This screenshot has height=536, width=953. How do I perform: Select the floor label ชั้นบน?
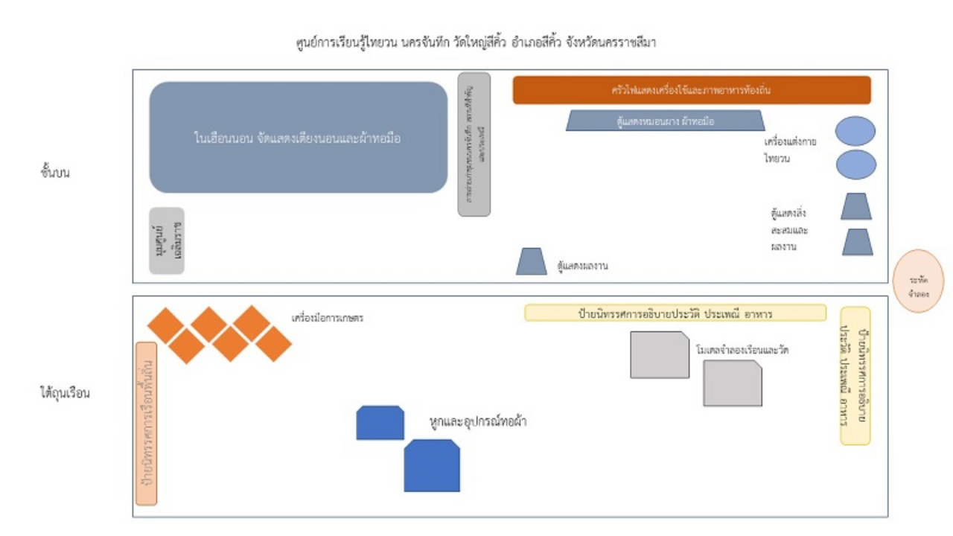pyautogui.click(x=60, y=173)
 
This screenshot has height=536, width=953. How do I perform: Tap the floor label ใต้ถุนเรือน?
pyautogui.click(x=66, y=393)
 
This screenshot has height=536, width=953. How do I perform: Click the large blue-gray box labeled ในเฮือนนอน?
pyautogui.click(x=298, y=138)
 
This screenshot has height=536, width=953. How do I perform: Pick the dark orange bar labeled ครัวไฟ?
pyautogui.click(x=692, y=91)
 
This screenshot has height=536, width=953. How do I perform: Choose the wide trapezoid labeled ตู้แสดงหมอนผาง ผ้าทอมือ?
pyautogui.click(x=666, y=121)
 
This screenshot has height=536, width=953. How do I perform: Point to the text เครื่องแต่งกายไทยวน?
pyautogui.click(x=790, y=150)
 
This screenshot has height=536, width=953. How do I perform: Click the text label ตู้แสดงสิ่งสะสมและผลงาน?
pyautogui.click(x=790, y=229)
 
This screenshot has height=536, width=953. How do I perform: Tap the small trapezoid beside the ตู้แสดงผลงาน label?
pyautogui.click(x=532, y=261)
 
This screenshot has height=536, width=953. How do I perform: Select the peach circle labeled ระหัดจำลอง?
pyautogui.click(x=918, y=281)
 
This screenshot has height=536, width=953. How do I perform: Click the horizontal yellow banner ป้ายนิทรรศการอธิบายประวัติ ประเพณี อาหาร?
pyautogui.click(x=675, y=313)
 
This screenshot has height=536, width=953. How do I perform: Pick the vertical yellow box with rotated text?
pyautogui.click(x=855, y=376)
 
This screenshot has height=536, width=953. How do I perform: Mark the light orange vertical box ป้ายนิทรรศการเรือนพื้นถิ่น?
pyautogui.click(x=147, y=423)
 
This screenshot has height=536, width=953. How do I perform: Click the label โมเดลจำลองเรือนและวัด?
pyautogui.click(x=742, y=349)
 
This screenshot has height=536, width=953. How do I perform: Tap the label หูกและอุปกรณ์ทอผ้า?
pyautogui.click(x=479, y=422)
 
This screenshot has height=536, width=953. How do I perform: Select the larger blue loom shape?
pyautogui.click(x=432, y=465)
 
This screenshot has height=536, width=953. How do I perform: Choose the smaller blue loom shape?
pyautogui.click(x=380, y=423)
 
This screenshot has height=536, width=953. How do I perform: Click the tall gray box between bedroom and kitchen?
pyautogui.click(x=474, y=144)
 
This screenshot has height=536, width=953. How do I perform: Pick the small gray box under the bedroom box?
pyautogui.click(x=167, y=240)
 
